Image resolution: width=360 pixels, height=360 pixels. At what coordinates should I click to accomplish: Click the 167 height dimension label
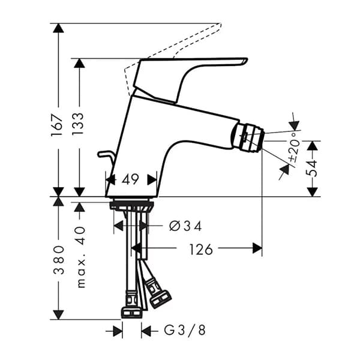58,127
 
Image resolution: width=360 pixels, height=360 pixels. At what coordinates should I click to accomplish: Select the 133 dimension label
79,127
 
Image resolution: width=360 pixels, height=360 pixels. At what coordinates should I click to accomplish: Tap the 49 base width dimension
130,178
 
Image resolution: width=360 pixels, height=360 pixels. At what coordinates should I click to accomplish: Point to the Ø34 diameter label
185,226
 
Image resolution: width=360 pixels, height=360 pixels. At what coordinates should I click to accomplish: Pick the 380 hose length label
58,259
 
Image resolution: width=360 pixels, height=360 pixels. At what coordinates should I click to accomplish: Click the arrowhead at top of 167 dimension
58,28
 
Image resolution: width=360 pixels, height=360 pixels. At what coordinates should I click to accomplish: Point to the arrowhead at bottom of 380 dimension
58,314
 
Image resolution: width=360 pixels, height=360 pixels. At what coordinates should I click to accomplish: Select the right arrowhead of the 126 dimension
257,248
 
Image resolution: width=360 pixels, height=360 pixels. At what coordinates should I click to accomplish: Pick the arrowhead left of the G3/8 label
118,331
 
